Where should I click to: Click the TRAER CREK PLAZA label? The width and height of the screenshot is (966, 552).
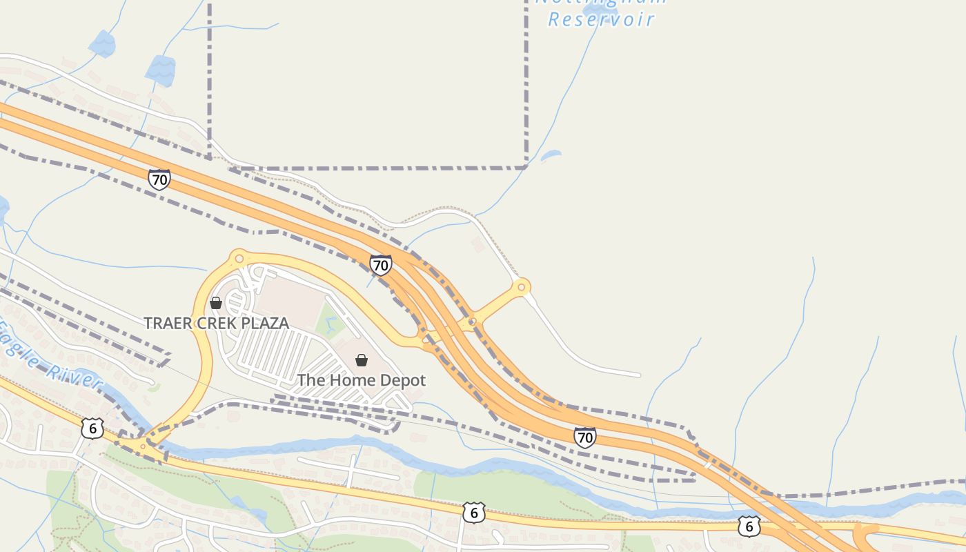[216, 323]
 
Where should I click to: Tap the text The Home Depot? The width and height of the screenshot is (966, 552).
[361, 380]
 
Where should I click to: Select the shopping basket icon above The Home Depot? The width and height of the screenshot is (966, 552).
[361, 359]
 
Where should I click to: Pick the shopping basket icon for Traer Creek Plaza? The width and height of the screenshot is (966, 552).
[216, 302]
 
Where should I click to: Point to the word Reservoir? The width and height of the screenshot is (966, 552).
[601, 19]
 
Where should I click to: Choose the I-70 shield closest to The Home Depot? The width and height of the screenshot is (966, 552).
[380, 264]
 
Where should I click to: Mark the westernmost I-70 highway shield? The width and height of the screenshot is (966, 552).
[159, 180]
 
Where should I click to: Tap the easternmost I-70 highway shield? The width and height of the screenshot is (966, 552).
[584, 437]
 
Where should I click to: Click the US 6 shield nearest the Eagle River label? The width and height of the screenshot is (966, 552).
[92, 428]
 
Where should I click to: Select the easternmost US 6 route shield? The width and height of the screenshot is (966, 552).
[749, 526]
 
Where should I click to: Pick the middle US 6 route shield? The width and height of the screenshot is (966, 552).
[473, 513]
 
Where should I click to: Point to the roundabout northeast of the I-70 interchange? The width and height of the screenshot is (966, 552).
[522, 287]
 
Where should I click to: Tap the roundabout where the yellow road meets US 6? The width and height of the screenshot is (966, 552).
[143, 447]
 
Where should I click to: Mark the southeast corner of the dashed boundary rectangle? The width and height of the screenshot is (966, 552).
[526, 167]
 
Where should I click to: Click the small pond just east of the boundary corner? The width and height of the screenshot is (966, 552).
[551, 156]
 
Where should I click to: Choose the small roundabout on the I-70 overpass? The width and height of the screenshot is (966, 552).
[472, 322]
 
